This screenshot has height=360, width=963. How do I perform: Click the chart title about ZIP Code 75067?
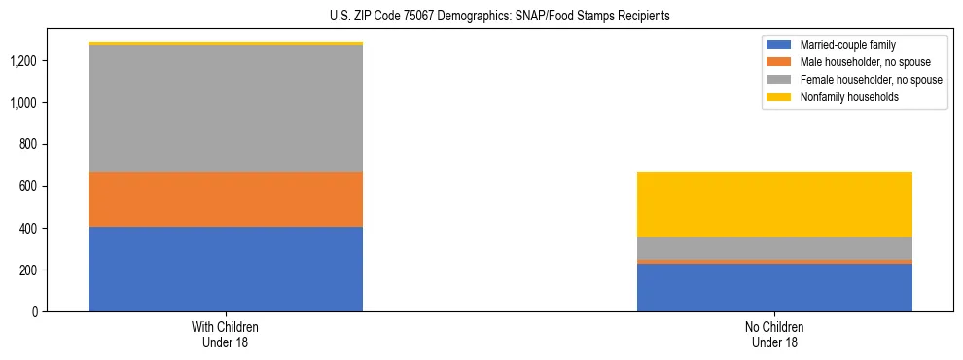pos(481,16)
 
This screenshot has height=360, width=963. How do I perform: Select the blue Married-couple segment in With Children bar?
pos(226,269)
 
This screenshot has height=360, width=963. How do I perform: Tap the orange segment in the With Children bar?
pos(226,199)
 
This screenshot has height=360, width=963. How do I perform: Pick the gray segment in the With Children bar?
pos(226,108)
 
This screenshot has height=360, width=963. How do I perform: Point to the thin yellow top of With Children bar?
pos(226,43)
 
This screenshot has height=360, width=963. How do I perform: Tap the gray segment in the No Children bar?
pos(774,248)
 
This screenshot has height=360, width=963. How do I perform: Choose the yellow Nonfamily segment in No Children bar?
pos(774,204)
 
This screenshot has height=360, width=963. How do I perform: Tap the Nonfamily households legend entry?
pos(842,97)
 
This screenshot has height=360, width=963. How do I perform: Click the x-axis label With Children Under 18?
pos(226,335)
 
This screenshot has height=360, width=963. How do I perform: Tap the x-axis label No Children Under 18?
pos(774,335)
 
